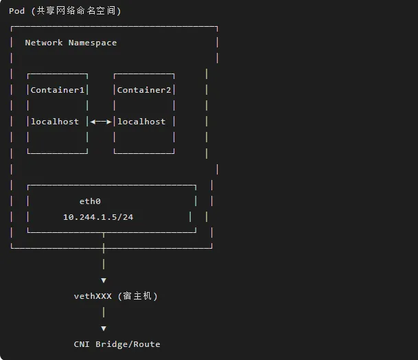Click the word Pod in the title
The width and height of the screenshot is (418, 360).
[16, 11]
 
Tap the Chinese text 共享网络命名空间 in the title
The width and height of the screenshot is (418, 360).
[78, 11]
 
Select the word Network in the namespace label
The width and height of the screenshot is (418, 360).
[44, 43]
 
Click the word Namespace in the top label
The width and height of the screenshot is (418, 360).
[93, 43]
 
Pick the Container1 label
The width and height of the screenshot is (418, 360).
[58, 90]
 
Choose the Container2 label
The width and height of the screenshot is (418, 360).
[144, 90]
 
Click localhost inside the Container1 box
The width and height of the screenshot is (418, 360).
[55, 122]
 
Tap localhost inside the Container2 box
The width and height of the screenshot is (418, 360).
[141, 122]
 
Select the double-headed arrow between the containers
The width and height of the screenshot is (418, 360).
[101, 122]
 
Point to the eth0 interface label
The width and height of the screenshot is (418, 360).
[90, 201]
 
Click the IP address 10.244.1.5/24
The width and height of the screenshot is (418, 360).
[98, 217]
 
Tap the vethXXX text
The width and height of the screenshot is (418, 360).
[93, 296]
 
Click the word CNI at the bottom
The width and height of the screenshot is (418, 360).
[82, 344]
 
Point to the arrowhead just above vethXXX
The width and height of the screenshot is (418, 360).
[104, 280]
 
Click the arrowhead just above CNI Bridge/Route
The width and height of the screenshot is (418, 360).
[104, 328]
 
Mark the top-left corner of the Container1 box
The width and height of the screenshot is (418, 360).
[28, 74]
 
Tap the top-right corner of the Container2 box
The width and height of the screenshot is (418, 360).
[174, 74]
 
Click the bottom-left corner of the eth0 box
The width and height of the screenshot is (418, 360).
[28, 232]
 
